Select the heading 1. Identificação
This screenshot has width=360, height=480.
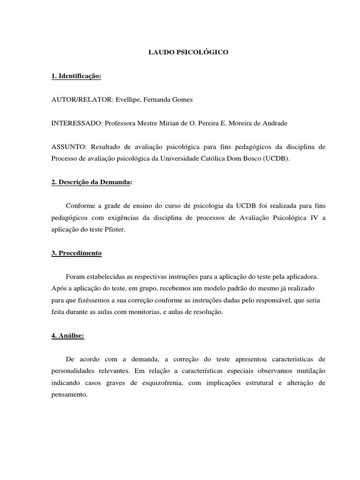click(76, 76)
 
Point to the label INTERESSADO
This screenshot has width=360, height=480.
click(76, 123)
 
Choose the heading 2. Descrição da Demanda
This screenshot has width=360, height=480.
click(90, 182)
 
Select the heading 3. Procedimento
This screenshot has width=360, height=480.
click(76, 253)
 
